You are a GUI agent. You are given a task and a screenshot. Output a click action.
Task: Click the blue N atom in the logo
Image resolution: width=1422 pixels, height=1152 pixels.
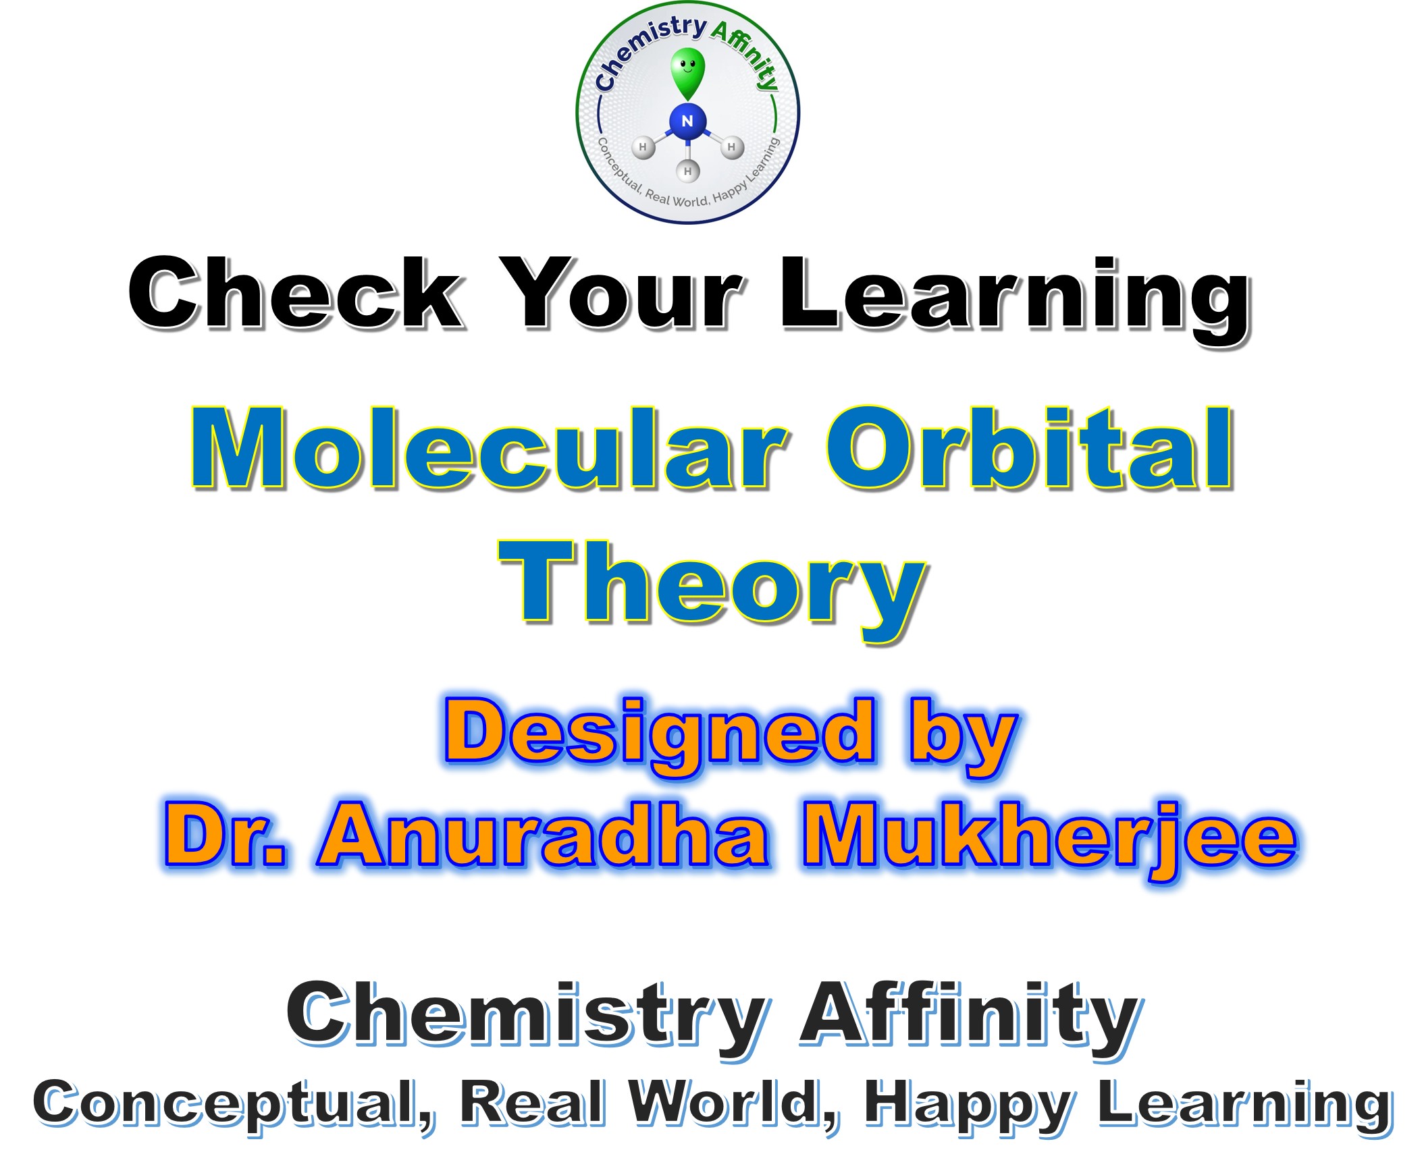click(x=687, y=122)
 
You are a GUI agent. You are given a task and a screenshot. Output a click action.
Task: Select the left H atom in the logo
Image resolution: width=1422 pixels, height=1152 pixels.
click(x=643, y=147)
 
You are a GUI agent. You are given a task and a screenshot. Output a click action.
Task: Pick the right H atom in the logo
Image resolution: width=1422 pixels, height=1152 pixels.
click(x=731, y=147)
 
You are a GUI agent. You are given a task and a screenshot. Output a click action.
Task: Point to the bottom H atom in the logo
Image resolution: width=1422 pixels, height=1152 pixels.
click(x=687, y=171)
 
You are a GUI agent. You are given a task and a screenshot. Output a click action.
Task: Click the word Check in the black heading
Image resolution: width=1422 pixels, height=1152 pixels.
click(x=296, y=294)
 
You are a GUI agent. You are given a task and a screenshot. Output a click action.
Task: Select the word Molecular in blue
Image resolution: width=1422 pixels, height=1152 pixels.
click(x=490, y=448)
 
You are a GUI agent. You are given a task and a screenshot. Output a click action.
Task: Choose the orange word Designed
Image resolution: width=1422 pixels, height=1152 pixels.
click(x=660, y=737)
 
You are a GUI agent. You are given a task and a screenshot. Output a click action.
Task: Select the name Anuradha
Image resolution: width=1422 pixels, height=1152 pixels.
click(x=544, y=837)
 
